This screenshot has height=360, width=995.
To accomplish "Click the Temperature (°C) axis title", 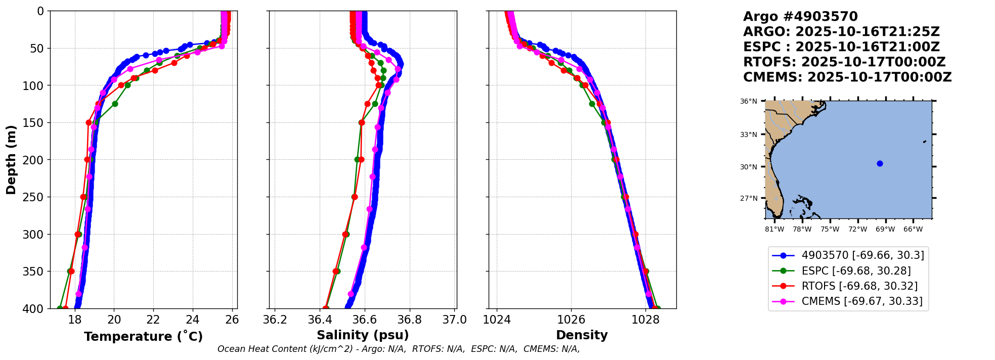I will pyautogui.click(x=143, y=336).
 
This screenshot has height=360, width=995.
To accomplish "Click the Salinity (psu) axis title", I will pyautogui.click(x=363, y=335).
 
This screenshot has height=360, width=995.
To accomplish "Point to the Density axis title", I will pyautogui.click(x=582, y=335).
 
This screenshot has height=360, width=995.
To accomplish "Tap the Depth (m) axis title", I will pyautogui.click(x=11, y=160).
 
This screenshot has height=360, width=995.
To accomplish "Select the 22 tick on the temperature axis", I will pyautogui.click(x=153, y=320).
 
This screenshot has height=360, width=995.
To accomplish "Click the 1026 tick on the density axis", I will pyautogui.click(x=571, y=320).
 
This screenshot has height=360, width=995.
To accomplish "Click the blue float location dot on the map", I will pyautogui.click(x=880, y=163).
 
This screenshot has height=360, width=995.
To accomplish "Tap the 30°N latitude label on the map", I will pyautogui.click(x=749, y=167).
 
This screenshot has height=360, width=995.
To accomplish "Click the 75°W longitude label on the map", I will pyautogui.click(x=830, y=230).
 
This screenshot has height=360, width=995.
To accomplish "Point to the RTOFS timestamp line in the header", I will pyautogui.click(x=844, y=62).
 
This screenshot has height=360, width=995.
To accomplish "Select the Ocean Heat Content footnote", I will pyautogui.click(x=399, y=349).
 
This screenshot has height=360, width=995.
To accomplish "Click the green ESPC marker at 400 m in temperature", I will pyautogui.click(x=60, y=308).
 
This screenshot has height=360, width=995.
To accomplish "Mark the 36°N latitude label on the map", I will pyautogui.click(x=749, y=102).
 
